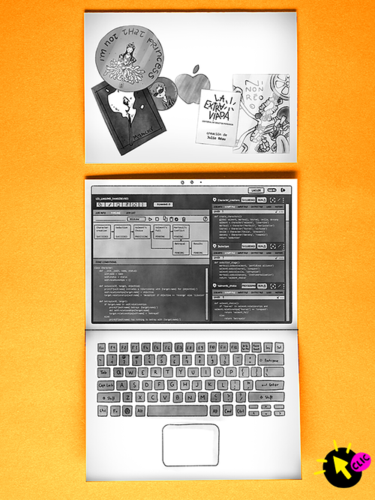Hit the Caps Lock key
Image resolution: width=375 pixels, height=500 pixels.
pos(106,385)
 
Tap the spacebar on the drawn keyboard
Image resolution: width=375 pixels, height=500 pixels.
pos(178,411)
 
